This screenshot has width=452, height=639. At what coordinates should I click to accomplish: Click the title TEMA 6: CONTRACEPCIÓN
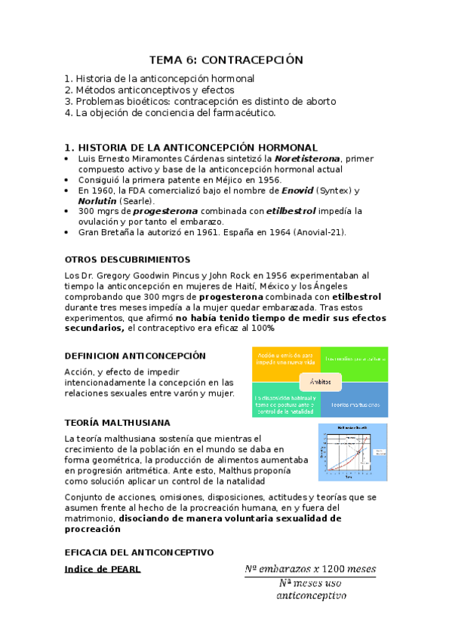(x=226, y=60)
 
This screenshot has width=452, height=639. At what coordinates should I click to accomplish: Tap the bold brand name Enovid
(x=299, y=191)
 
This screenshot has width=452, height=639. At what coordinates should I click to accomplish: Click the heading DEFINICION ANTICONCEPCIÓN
(x=135, y=355)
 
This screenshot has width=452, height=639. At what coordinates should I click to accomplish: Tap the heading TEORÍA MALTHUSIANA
(x=117, y=422)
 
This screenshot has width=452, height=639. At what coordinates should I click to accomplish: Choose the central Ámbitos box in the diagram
(x=320, y=382)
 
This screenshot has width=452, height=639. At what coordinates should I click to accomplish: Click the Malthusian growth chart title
(x=352, y=427)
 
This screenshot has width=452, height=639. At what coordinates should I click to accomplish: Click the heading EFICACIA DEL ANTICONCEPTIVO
(x=139, y=552)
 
